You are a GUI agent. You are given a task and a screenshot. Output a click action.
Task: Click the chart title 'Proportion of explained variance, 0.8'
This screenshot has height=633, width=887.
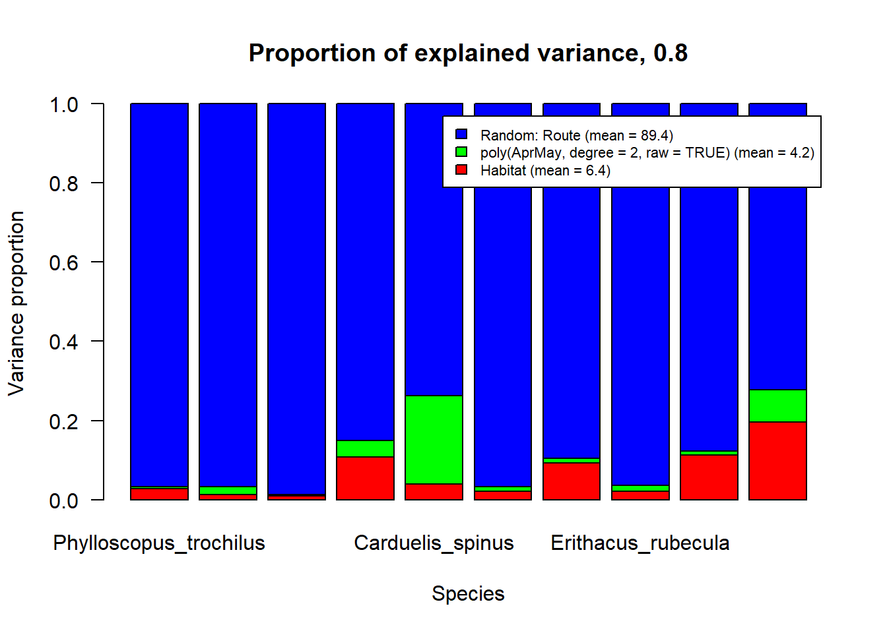[x=468, y=53]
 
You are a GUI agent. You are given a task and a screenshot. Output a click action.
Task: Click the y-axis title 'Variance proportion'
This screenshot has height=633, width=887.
[x=16, y=303]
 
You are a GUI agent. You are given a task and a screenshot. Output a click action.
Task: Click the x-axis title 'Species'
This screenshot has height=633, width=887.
[x=468, y=593]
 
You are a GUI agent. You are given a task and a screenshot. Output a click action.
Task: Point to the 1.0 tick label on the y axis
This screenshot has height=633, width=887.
[x=63, y=104]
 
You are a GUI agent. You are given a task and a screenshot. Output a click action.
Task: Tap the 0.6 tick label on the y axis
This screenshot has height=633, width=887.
[x=63, y=262]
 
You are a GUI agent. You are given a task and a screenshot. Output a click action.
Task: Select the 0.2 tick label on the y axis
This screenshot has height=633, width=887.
[x=63, y=421]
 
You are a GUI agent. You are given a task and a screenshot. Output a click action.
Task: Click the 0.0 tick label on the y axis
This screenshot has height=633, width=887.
[x=63, y=500]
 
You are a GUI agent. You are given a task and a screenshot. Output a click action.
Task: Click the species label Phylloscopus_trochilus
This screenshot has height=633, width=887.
[x=159, y=543]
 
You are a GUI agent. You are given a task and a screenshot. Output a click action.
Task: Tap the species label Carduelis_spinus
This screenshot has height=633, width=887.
[x=434, y=543]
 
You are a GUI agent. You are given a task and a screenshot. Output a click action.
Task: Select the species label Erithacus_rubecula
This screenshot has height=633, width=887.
[x=640, y=543]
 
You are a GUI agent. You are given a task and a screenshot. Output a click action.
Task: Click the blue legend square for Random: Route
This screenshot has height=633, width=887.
[x=461, y=135]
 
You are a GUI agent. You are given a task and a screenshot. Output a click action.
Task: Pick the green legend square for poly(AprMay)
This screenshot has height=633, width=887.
[x=461, y=152]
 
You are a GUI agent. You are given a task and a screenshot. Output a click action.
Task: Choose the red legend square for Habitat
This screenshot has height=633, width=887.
[x=461, y=170]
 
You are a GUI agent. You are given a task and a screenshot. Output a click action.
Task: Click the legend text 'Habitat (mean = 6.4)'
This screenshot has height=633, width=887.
[x=545, y=171]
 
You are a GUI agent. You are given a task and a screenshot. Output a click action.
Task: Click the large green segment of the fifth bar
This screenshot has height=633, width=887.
[x=434, y=440]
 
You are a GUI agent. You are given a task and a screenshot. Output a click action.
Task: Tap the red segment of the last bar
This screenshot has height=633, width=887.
[x=777, y=461]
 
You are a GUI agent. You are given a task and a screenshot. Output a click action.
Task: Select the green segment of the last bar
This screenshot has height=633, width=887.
[x=777, y=406]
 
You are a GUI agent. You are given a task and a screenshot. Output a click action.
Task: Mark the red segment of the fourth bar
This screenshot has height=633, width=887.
[x=365, y=478]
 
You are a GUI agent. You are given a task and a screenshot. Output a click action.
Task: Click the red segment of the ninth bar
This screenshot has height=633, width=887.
[x=709, y=477]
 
